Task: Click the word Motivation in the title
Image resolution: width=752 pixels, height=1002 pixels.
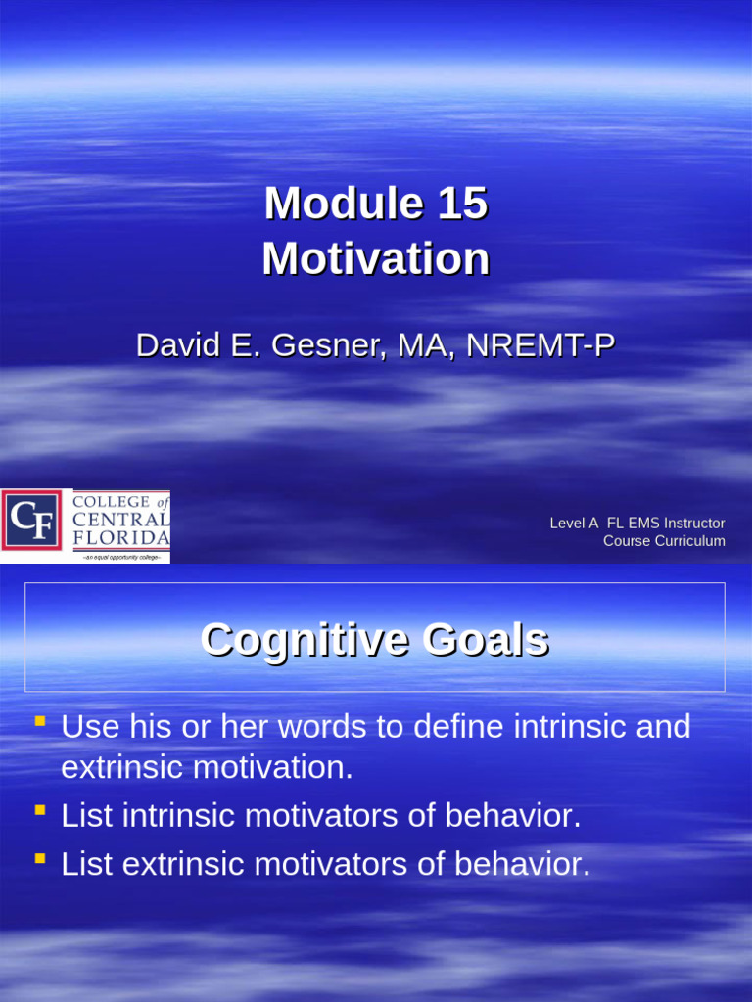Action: (376, 259)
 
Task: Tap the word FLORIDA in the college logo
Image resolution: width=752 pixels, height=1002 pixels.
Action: (121, 538)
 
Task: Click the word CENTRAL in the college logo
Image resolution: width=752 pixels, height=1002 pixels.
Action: (121, 520)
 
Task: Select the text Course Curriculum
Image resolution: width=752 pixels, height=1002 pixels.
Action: (664, 541)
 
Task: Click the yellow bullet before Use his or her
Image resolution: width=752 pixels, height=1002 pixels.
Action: (39, 723)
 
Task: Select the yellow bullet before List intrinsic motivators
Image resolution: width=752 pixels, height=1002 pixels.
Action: (39, 811)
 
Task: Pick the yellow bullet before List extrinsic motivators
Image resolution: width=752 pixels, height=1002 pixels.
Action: (39, 858)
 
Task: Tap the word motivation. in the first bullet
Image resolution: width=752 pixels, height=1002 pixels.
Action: (272, 768)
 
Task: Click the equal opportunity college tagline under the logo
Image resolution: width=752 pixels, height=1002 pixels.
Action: (121, 556)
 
